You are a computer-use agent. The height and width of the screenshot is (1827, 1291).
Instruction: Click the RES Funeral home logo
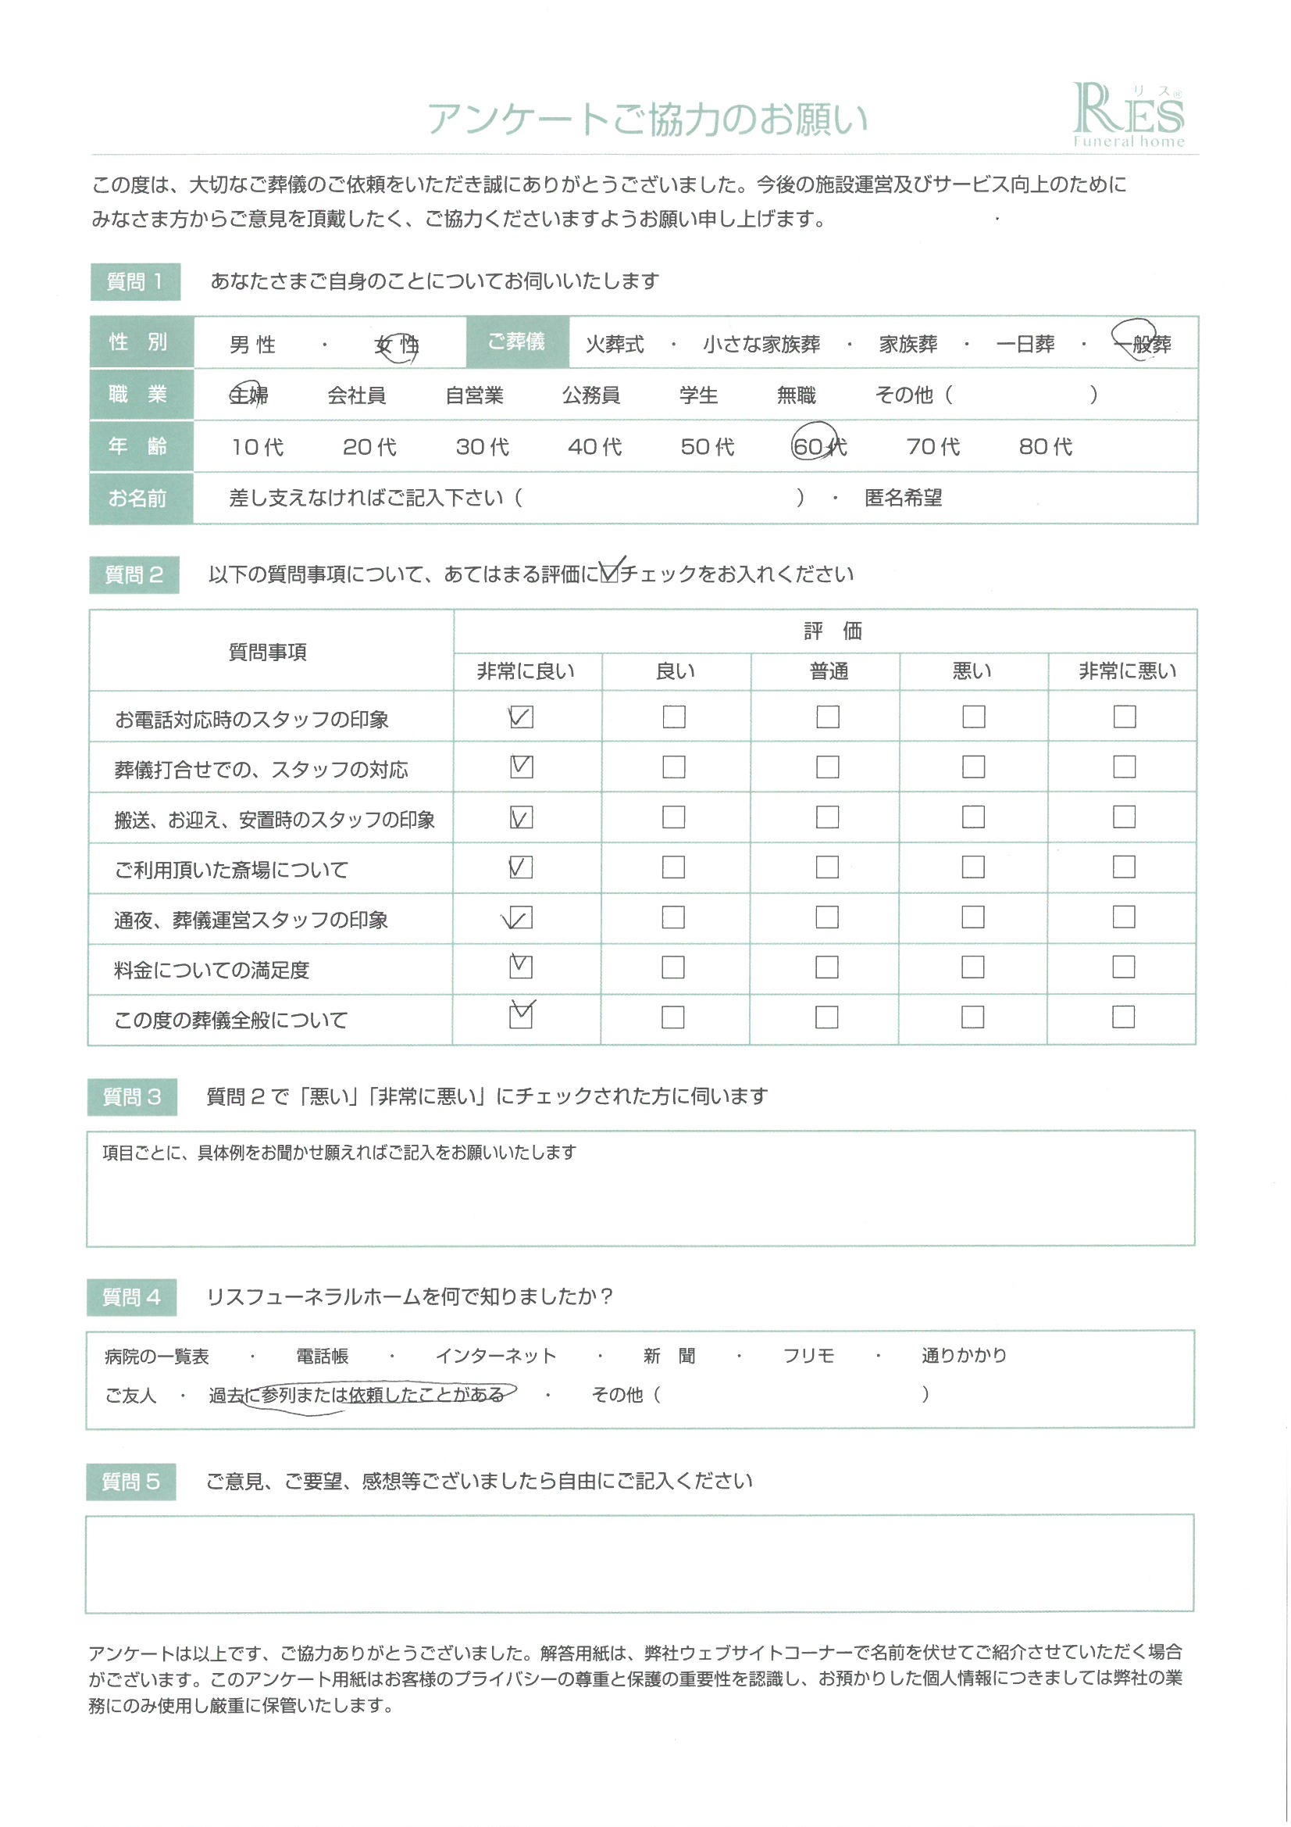(1128, 116)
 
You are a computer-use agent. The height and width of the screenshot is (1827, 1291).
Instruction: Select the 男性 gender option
(252, 345)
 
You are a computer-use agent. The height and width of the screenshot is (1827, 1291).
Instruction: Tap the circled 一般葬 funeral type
(1143, 343)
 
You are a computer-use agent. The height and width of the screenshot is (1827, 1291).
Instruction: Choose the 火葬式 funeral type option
(614, 345)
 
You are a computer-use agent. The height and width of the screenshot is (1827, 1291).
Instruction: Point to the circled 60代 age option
(818, 445)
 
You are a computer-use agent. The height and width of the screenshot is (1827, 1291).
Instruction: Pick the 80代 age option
(1044, 446)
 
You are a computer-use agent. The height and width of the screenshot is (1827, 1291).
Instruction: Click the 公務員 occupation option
(590, 395)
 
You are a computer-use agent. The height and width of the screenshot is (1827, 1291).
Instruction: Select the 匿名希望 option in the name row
(903, 498)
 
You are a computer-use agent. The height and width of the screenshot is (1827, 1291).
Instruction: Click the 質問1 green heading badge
(135, 281)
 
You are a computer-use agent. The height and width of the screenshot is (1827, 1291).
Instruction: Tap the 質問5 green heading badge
(131, 1482)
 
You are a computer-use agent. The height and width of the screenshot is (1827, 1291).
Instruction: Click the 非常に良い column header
(526, 671)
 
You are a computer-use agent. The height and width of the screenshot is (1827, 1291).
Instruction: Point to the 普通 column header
(828, 671)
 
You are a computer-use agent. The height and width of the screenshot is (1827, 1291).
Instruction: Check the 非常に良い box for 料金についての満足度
(520, 967)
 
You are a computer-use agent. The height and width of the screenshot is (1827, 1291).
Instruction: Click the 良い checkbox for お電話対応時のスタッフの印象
(674, 717)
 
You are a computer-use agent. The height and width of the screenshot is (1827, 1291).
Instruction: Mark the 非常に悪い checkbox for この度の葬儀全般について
(1123, 1017)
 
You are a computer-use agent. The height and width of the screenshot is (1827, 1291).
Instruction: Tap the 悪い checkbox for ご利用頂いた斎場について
(973, 867)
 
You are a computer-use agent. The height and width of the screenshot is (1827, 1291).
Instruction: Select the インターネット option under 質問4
(496, 1356)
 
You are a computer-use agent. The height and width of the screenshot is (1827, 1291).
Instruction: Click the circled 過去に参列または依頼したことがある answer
(356, 1395)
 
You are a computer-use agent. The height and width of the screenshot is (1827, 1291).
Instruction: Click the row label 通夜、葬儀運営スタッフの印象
(251, 920)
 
